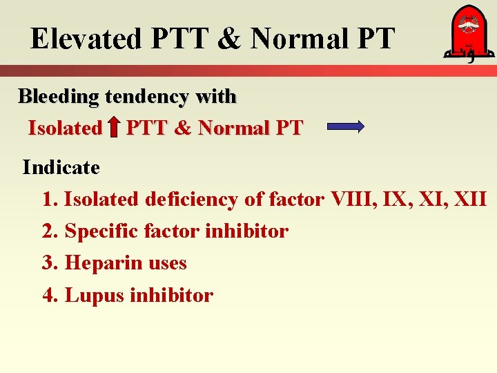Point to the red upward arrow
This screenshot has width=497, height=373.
pyautogui.click(x=114, y=128)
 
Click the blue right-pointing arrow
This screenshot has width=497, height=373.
pyautogui.click(x=344, y=126)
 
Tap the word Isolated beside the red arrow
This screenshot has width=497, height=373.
pyautogui.click(x=64, y=128)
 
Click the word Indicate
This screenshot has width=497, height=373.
pyautogui.click(x=61, y=167)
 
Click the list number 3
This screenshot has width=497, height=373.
pyautogui.click(x=48, y=263)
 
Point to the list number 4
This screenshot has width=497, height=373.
pyautogui.click(x=48, y=296)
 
